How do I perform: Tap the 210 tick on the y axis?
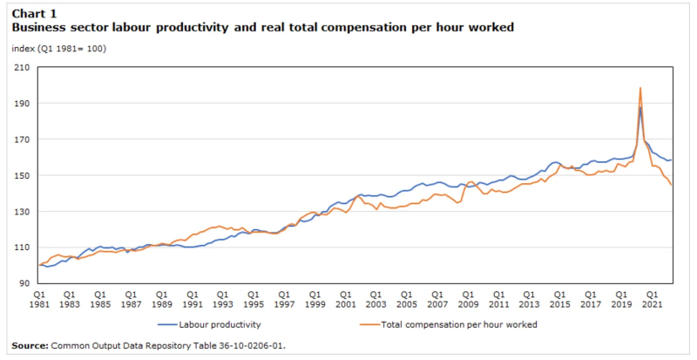[x=22, y=67]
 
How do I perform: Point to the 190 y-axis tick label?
[x=22, y=103]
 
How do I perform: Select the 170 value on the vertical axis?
[x=22, y=139]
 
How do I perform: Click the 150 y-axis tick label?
[x=22, y=175]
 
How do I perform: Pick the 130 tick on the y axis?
[x=22, y=212]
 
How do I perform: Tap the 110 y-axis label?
[x=22, y=248]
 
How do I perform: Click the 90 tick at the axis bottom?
[x=24, y=283]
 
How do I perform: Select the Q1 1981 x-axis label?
[x=39, y=299]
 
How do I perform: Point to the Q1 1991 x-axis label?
[x=193, y=299]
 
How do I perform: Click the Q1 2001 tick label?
[x=345, y=299]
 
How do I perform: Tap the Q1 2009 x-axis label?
[x=468, y=299]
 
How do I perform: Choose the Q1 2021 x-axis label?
[x=652, y=299]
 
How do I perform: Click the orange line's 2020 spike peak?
[x=640, y=87]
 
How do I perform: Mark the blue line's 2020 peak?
[x=640, y=108]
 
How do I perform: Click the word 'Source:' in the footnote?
[x=30, y=345]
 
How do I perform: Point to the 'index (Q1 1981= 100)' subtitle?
[x=58, y=48]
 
